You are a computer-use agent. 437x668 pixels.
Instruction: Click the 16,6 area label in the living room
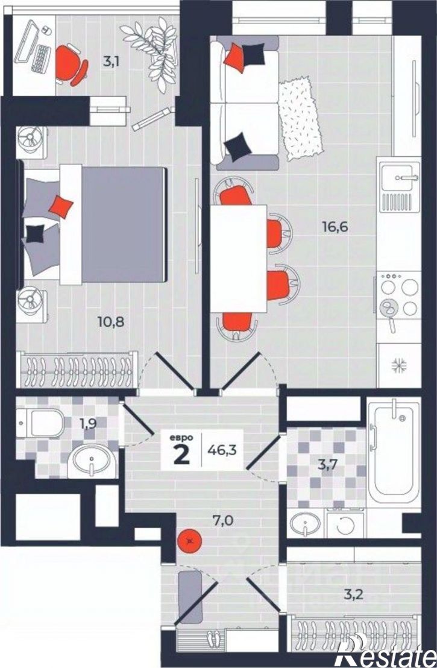pyautogui.click(x=335, y=227)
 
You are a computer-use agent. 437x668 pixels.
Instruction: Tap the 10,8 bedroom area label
pyautogui.click(x=111, y=322)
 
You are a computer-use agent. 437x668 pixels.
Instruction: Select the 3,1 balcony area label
pyautogui.click(x=111, y=61)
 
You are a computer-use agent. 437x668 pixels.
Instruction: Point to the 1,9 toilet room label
pyautogui.click(x=87, y=424)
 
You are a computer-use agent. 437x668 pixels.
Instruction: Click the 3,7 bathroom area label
pyautogui.click(x=328, y=464)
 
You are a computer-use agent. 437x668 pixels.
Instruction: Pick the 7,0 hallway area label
pyautogui.click(x=223, y=520)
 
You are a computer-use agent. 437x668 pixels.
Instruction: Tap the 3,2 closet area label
pyautogui.click(x=354, y=594)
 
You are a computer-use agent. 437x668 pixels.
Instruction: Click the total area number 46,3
pyautogui.click(x=221, y=449)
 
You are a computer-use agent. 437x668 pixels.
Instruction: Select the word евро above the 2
pyautogui.click(x=182, y=438)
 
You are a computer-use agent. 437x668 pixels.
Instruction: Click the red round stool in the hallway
pyautogui.click(x=189, y=541)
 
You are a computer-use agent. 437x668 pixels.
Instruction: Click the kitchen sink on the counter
pyautogui.click(x=400, y=177)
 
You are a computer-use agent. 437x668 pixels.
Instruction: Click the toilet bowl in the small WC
pyautogui.click(x=42, y=423)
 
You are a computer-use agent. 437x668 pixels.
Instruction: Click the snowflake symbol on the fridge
pyautogui.click(x=399, y=364)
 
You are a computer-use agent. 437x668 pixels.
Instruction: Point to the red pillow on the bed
pyautogui.click(x=61, y=207)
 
